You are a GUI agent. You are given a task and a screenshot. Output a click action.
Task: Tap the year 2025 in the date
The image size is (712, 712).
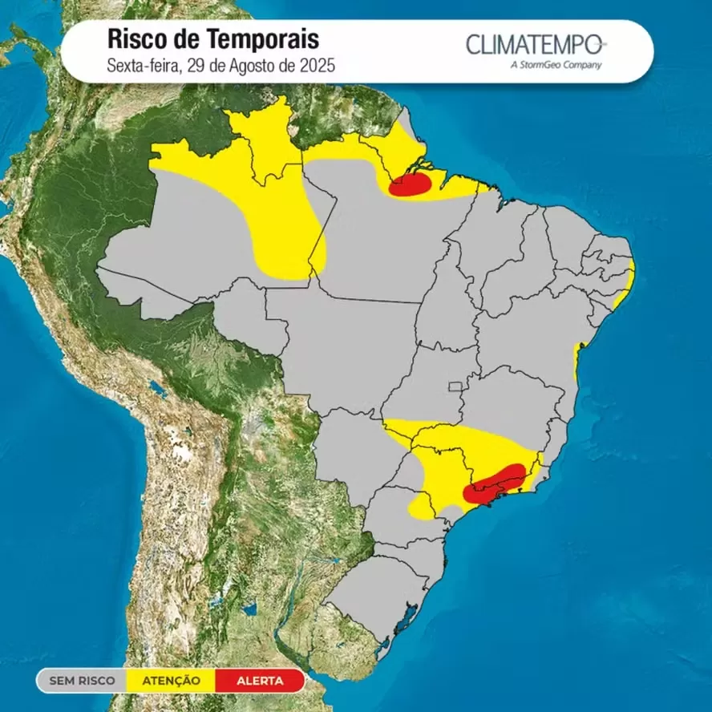point(316,66)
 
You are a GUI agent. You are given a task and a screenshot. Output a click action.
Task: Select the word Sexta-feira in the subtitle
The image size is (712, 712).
point(140,66)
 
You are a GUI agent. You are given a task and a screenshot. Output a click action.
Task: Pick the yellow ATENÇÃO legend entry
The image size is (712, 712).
point(171,681)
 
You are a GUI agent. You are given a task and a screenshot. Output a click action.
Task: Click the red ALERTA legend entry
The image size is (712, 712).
point(259,681)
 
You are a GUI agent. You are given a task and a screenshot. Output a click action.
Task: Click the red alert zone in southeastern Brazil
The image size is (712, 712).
point(497,483)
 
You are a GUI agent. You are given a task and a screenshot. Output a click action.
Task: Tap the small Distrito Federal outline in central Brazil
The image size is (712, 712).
point(455,386)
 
